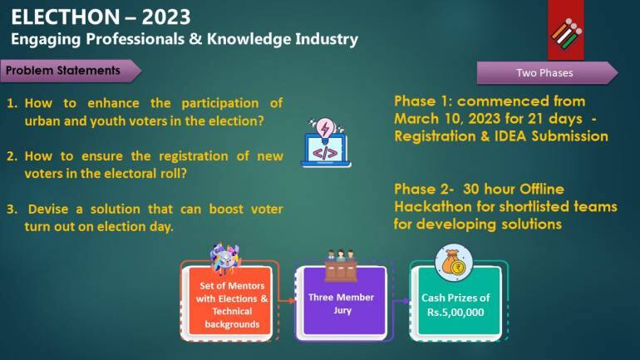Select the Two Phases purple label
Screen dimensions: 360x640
[x=544, y=73]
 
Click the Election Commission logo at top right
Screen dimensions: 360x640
[x=565, y=31]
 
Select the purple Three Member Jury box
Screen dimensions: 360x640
[x=341, y=303]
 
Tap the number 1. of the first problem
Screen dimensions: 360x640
[x=13, y=103]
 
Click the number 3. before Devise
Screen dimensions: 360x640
[x=13, y=209]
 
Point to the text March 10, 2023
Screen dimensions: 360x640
[x=441, y=118]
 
